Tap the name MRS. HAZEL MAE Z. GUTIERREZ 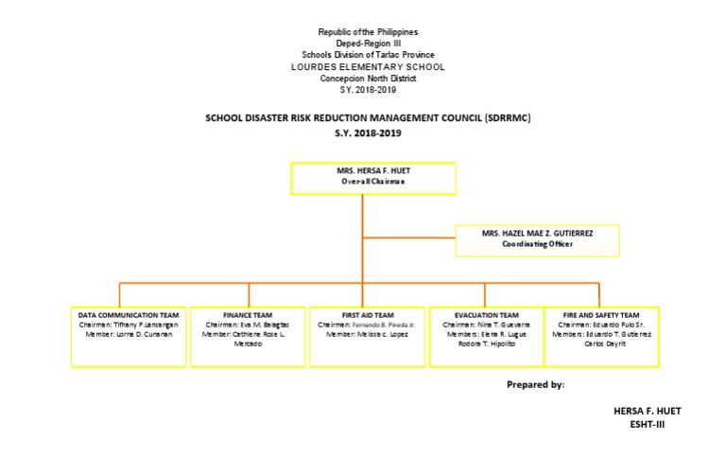537,232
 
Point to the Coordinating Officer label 537,243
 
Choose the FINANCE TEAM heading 248,315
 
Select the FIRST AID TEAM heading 368,315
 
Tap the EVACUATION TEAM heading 486,315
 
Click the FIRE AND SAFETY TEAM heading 601,315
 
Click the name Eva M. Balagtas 260,325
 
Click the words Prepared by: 535,386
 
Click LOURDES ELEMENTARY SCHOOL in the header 368,67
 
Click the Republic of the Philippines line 368,33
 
